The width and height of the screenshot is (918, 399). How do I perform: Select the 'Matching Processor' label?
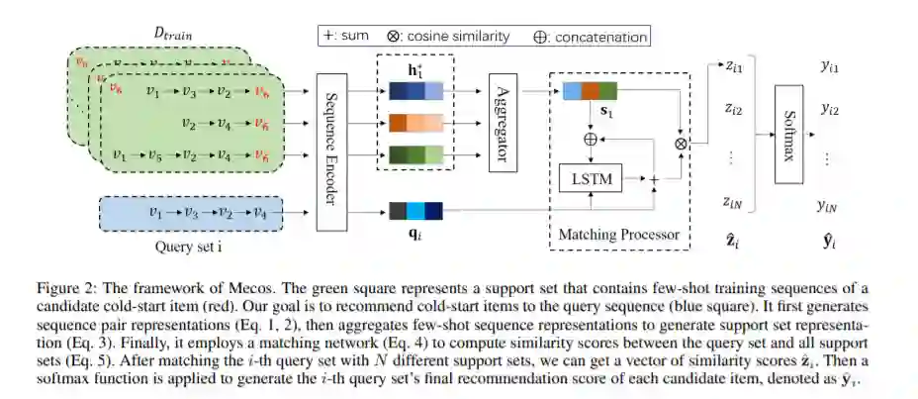click(615, 236)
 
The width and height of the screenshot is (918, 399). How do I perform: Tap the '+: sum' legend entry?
click(345, 37)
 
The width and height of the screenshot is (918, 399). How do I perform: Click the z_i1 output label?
click(733, 67)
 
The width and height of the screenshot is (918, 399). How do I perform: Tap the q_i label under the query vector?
click(413, 236)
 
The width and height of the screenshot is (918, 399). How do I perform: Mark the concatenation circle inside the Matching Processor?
click(591, 140)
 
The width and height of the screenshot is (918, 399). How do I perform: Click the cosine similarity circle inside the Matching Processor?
click(680, 143)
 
